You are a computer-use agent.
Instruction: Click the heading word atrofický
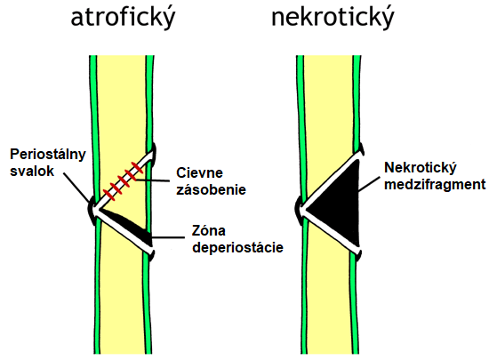point(123,18)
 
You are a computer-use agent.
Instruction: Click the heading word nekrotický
point(333,18)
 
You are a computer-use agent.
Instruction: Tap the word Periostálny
point(48,155)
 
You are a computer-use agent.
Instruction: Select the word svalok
point(32,172)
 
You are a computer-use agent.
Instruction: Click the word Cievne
point(200,173)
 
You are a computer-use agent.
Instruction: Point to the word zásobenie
point(211,189)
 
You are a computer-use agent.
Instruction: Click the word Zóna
point(209,230)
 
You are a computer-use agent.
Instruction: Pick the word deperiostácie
point(237,247)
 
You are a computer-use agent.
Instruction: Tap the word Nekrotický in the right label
point(421,168)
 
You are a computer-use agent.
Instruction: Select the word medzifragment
point(435,184)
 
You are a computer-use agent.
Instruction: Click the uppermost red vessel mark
point(137,168)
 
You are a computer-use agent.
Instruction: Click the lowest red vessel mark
point(109,195)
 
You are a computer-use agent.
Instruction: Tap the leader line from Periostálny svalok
point(76,188)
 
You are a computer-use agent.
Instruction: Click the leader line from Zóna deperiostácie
point(168,237)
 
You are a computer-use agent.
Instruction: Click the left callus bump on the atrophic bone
point(91,210)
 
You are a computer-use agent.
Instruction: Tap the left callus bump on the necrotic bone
point(298,210)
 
